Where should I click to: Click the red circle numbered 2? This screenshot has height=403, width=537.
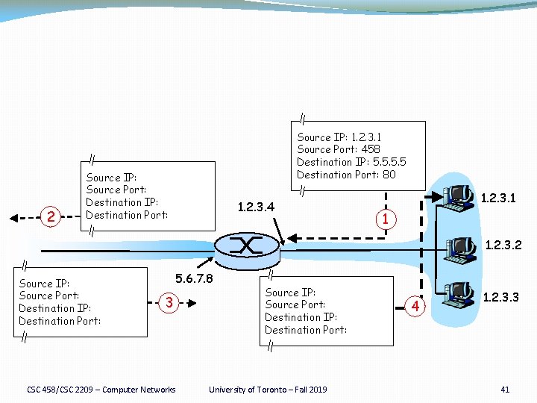pyautogui.click(x=51, y=217)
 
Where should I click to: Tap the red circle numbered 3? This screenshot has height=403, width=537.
pyautogui.click(x=170, y=303)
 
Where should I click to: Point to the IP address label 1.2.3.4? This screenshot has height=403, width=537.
pyautogui.click(x=255, y=206)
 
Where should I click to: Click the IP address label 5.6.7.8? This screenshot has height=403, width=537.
pyautogui.click(x=194, y=279)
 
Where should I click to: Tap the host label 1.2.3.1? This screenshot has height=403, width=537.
pyautogui.click(x=501, y=199)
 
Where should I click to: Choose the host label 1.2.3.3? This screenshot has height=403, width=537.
pyautogui.click(x=503, y=297)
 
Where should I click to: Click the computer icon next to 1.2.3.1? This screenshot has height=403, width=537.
pyautogui.click(x=458, y=198)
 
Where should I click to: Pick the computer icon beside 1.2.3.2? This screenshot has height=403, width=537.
pyautogui.click(x=459, y=249)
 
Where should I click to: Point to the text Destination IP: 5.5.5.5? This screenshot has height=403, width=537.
pyautogui.click(x=351, y=162)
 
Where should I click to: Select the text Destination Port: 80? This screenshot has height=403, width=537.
pyautogui.click(x=346, y=175)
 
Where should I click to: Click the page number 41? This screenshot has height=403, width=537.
pyautogui.click(x=505, y=389)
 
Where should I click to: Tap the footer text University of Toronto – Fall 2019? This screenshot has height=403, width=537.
pyautogui.click(x=268, y=389)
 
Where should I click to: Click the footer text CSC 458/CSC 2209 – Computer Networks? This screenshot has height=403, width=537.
pyautogui.click(x=101, y=389)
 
